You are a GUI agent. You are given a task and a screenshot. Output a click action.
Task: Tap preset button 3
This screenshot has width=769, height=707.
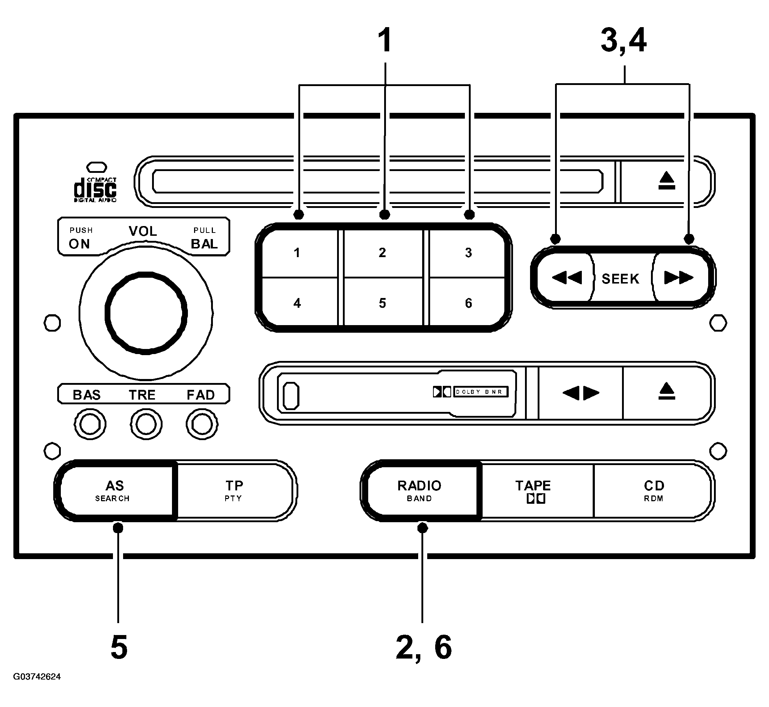467,253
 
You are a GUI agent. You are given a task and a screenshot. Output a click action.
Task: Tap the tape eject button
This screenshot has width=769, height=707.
667,392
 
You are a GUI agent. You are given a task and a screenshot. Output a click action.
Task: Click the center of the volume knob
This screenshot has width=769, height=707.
146,313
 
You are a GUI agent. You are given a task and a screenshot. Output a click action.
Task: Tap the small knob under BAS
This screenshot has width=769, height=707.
90,424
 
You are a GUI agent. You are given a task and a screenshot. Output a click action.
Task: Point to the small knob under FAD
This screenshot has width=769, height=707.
202,424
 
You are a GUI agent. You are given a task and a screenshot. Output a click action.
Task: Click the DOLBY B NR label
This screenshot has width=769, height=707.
481,392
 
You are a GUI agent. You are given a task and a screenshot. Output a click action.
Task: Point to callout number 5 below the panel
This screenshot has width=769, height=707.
119,647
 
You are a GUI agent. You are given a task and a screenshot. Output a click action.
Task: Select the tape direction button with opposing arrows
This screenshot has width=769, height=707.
581,393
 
